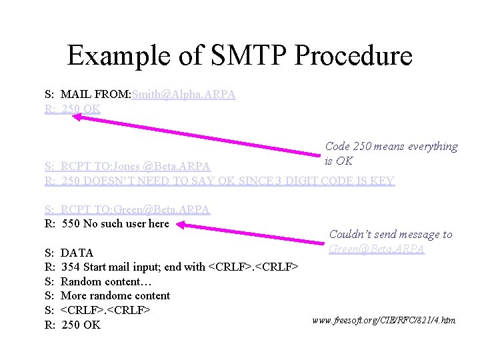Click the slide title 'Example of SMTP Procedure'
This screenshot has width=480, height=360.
[239, 55]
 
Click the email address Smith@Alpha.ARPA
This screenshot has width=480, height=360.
[183, 95]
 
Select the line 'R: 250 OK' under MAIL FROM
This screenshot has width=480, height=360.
[73, 109]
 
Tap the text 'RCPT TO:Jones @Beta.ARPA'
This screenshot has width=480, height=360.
[135, 166]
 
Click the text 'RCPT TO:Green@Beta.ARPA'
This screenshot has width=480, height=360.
[135, 209]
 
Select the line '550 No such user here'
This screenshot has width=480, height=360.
[115, 224]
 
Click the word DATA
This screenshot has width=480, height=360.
[77, 253]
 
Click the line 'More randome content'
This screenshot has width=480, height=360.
[115, 296]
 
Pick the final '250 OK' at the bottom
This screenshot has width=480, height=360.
[81, 325]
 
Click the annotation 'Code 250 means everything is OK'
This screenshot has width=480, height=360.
[391, 153]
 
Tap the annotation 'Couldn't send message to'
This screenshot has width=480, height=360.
[390, 235]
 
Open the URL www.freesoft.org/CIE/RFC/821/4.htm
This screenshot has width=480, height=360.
[383, 321]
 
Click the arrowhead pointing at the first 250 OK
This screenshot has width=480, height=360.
[77, 117]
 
